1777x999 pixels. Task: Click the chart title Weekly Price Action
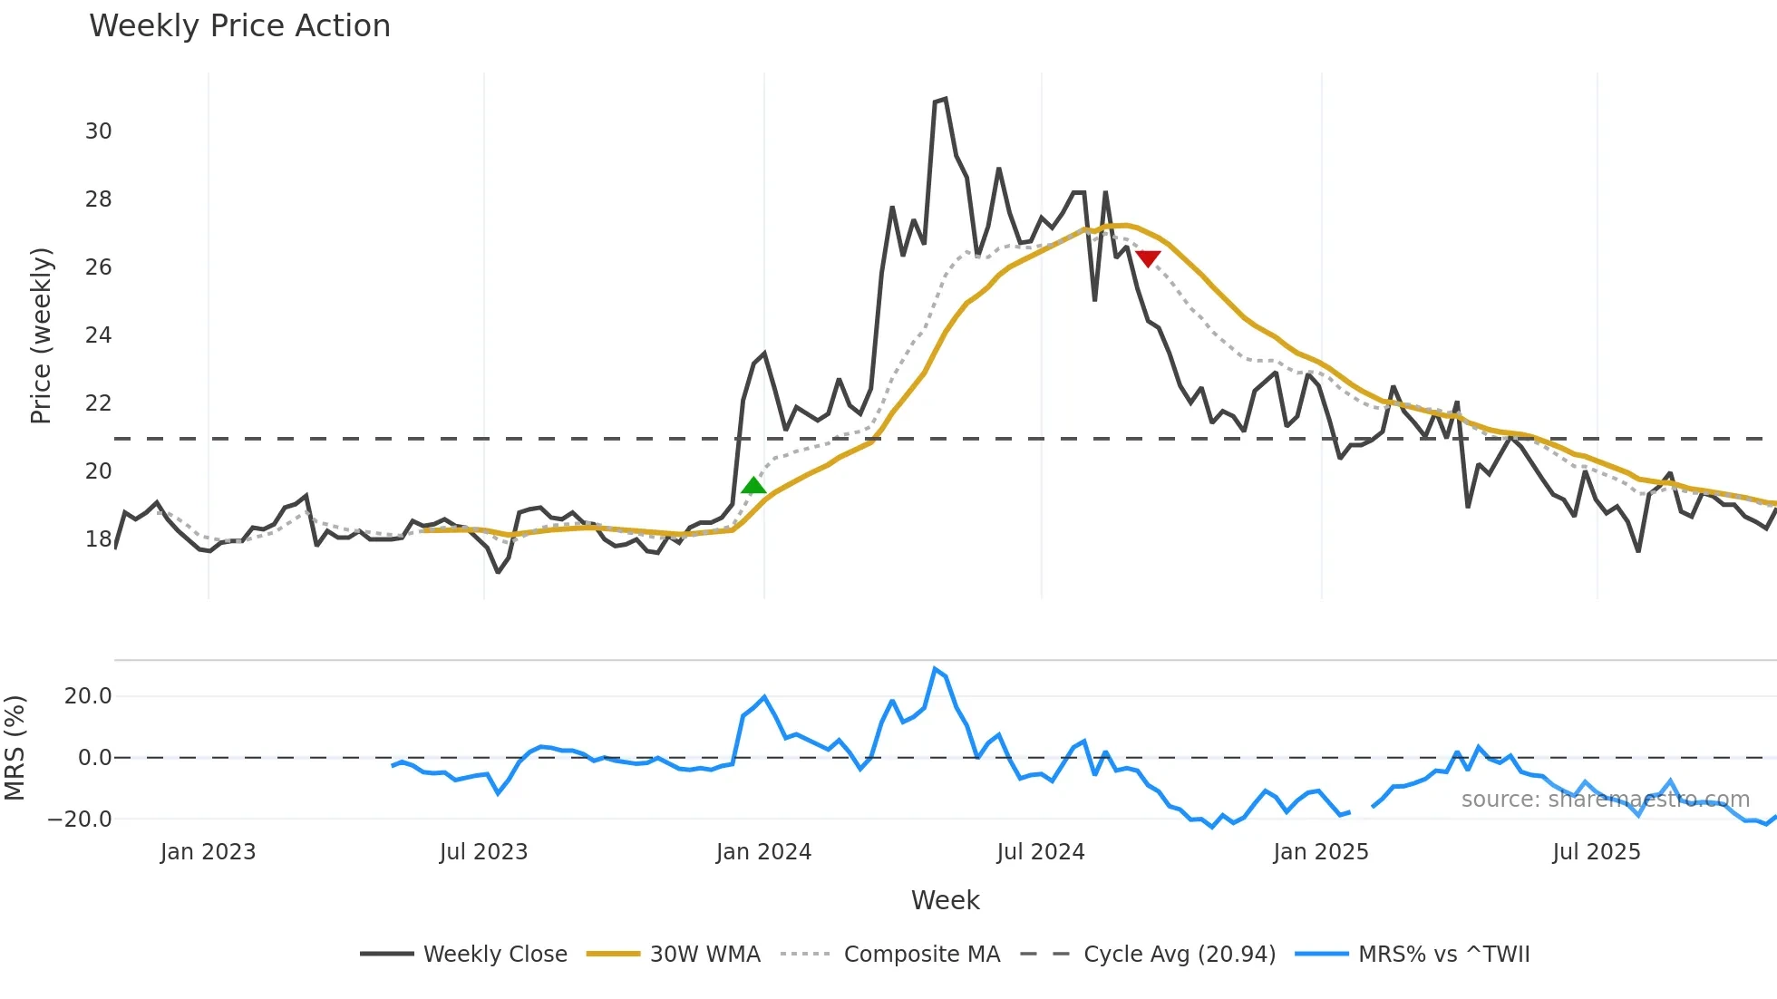(x=239, y=26)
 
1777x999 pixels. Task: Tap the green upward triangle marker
(x=753, y=486)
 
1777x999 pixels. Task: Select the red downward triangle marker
(x=1148, y=259)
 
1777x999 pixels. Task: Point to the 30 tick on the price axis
(x=99, y=131)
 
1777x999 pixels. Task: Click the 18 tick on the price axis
(x=99, y=539)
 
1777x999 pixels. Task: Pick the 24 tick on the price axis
(x=99, y=335)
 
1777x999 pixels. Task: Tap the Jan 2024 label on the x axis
(x=763, y=852)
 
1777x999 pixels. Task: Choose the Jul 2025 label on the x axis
(x=1597, y=852)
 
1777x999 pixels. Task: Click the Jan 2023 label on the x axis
(x=209, y=852)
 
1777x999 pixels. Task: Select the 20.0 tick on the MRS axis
(x=88, y=696)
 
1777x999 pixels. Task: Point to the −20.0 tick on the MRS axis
(x=80, y=820)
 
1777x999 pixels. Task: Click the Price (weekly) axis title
(x=42, y=335)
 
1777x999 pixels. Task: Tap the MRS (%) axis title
(x=15, y=748)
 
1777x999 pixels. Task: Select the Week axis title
(x=945, y=900)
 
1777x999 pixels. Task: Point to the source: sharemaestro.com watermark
(x=1605, y=800)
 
